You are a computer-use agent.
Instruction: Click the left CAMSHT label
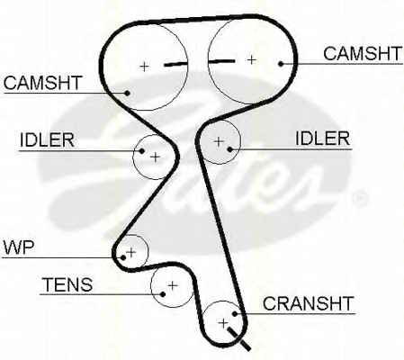[x=42, y=83]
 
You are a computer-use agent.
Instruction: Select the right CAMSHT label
[x=363, y=54]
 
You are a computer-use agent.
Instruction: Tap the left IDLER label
[x=47, y=139]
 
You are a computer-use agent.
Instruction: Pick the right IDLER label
[x=323, y=139]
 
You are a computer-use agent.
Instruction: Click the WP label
[x=19, y=247]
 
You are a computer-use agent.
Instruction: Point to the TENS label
[x=67, y=284]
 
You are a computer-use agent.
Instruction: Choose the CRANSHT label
[x=309, y=303]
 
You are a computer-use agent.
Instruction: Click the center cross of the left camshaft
[x=144, y=67]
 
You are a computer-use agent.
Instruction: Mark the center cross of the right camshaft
[x=251, y=60]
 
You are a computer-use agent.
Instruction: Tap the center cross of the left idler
[x=156, y=157]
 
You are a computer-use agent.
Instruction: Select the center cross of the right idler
[x=219, y=141]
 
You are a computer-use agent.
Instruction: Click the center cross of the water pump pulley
[x=131, y=252]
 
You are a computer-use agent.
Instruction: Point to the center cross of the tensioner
[x=173, y=285]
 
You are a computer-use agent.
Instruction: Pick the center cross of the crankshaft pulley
[x=223, y=323]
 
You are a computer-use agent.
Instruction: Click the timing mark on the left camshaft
[x=175, y=64]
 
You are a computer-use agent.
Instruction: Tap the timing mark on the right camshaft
[x=221, y=61]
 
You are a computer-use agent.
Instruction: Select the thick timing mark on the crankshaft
[x=239, y=338]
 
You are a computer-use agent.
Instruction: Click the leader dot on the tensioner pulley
[x=163, y=294]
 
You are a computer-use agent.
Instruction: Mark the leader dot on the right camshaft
[x=281, y=64]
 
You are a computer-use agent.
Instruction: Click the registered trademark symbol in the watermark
[x=359, y=199]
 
